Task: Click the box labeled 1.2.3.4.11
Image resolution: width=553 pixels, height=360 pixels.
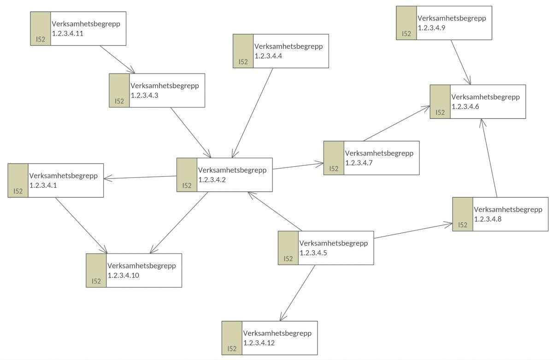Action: [78, 29]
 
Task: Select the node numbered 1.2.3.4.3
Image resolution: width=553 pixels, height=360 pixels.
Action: [157, 90]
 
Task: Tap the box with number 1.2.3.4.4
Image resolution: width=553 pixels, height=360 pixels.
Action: [281, 51]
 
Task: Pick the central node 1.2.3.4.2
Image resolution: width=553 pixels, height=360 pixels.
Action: [224, 175]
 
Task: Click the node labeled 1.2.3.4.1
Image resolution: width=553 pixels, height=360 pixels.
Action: [56, 180]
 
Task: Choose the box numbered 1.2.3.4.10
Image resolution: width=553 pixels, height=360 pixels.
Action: [134, 270]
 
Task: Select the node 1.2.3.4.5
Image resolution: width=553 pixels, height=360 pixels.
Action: [326, 248]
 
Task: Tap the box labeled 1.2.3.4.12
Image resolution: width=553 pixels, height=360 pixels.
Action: [270, 338]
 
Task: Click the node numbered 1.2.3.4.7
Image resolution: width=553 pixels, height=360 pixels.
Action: [371, 158]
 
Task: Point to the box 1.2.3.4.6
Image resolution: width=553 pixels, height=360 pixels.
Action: [478, 101]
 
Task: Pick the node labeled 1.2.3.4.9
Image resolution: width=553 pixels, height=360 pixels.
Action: [444, 23]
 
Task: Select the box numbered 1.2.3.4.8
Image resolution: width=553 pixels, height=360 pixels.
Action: [500, 214]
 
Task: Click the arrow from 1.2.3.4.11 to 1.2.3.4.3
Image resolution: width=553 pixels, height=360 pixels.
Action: [118, 59]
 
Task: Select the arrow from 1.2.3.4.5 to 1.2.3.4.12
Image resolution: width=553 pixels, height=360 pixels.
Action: [298, 293]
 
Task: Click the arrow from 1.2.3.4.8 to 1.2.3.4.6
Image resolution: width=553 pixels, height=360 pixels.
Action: [489, 158]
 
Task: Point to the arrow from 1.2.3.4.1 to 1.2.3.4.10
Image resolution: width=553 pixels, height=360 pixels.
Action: [81, 225]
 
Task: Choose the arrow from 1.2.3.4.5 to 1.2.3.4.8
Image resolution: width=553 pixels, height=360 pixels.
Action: [413, 231]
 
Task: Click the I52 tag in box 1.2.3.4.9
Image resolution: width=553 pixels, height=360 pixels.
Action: [406, 34]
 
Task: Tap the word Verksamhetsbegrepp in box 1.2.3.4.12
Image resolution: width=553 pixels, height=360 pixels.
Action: [277, 333]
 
